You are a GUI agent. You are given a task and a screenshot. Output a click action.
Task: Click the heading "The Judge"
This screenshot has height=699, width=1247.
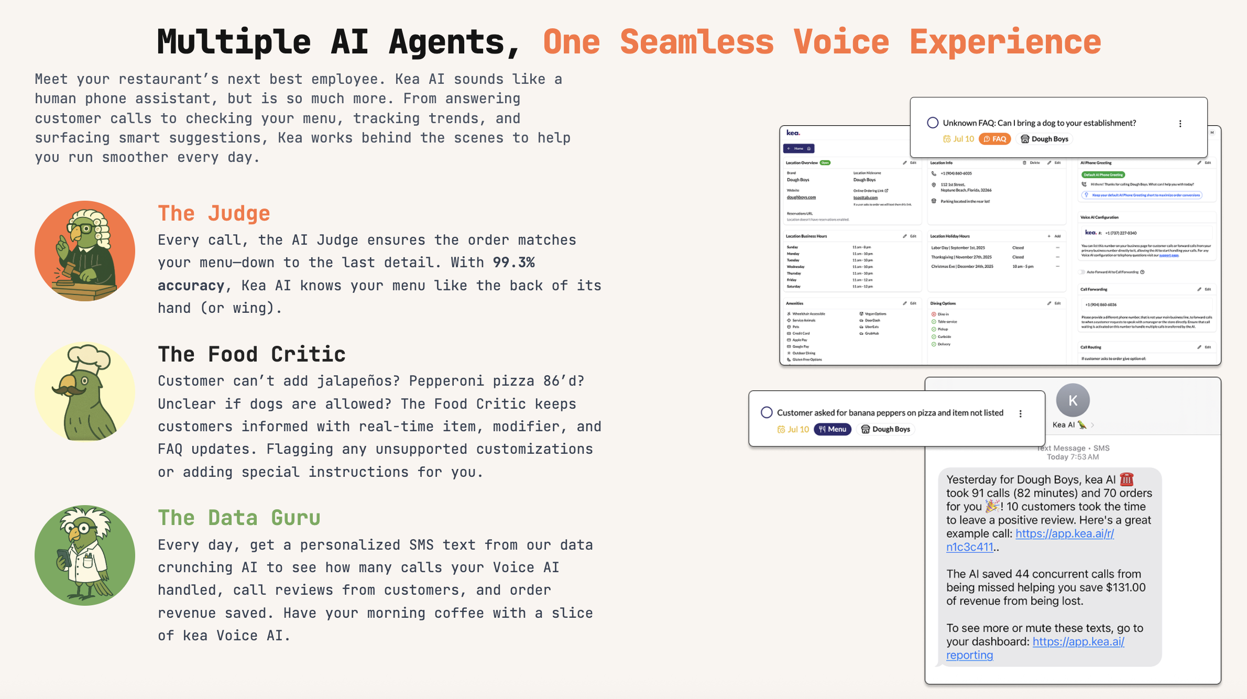click(214, 214)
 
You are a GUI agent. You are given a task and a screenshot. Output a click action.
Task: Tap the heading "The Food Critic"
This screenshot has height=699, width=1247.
click(251, 355)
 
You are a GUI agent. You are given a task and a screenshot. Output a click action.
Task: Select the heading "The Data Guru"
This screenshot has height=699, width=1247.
click(239, 518)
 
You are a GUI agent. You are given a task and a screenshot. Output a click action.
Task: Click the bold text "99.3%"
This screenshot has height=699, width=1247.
click(513, 263)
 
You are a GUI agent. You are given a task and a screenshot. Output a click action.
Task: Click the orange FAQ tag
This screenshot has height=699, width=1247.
click(994, 139)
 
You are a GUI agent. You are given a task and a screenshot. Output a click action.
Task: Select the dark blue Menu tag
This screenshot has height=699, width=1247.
click(832, 429)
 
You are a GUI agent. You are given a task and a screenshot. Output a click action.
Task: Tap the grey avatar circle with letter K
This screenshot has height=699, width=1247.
click(1073, 400)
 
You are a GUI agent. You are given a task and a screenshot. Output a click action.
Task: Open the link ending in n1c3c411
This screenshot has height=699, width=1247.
click(969, 547)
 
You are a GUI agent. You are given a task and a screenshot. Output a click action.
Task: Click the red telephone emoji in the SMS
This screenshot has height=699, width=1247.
click(1126, 479)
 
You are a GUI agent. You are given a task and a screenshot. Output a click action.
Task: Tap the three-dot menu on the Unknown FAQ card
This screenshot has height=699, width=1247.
click(1180, 124)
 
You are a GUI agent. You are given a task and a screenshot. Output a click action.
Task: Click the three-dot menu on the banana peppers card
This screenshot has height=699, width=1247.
click(1020, 414)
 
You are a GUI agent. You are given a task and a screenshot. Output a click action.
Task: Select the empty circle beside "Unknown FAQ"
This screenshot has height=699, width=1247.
click(933, 123)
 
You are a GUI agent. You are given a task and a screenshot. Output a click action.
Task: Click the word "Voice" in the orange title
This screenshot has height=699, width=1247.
click(841, 42)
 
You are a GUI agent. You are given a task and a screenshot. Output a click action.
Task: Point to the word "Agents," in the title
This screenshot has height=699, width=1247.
click(454, 42)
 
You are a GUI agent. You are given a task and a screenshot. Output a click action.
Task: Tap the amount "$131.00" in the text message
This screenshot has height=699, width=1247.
click(1125, 587)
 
